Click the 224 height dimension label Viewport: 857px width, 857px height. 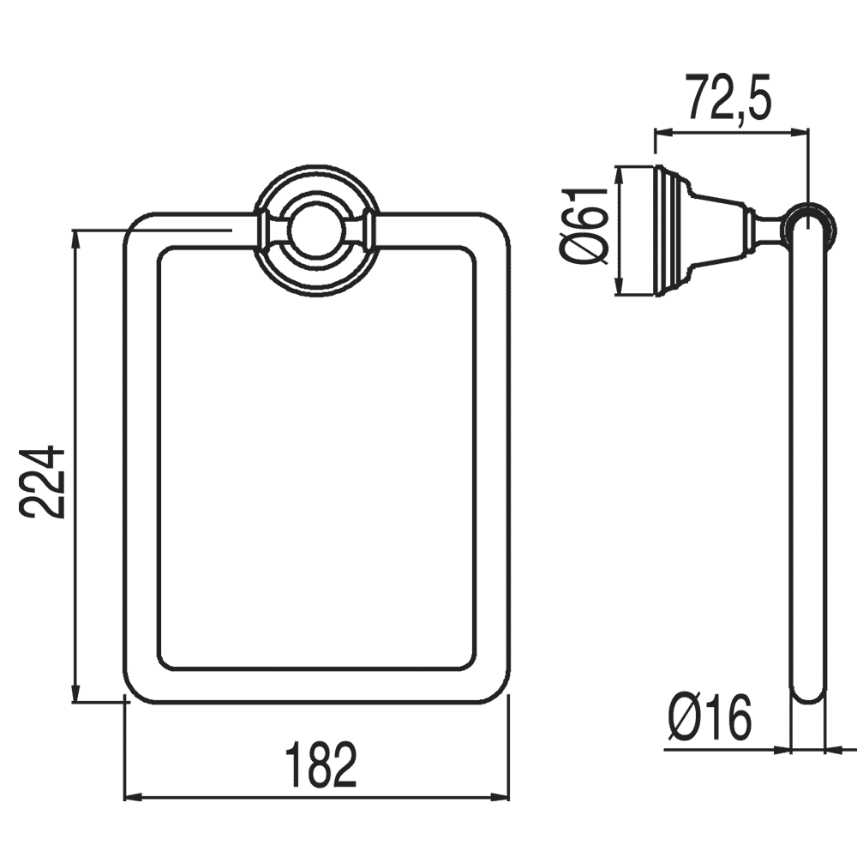pyautogui.click(x=41, y=482)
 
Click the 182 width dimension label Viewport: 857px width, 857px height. pyautogui.click(x=321, y=765)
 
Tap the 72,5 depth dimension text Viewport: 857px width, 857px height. pyautogui.click(x=729, y=98)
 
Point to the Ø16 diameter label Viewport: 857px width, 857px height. pyautogui.click(x=710, y=717)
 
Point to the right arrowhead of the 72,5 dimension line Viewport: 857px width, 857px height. pyautogui.click(x=799, y=132)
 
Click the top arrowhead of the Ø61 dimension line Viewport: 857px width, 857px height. pyautogui.click(x=619, y=175)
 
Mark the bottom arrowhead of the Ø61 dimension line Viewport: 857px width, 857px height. pyautogui.click(x=619, y=286)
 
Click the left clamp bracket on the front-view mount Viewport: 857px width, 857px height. pyautogui.click(x=269, y=230)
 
